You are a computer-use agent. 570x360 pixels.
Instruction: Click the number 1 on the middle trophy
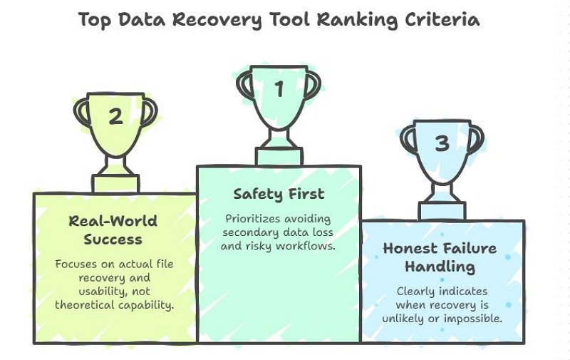pos(279,90)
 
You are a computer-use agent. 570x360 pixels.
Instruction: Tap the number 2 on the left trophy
pos(115,116)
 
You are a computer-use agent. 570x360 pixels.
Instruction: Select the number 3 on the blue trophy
pos(442,143)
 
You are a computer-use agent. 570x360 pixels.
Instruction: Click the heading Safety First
pos(279,194)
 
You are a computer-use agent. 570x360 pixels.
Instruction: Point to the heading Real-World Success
pos(113,230)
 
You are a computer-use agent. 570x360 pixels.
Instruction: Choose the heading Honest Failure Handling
pos(440,258)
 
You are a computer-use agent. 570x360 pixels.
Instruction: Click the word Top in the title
pos(95,19)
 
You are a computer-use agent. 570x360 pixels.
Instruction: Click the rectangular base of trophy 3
pos(442,211)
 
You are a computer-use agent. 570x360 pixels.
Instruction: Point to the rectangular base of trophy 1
pos(279,156)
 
